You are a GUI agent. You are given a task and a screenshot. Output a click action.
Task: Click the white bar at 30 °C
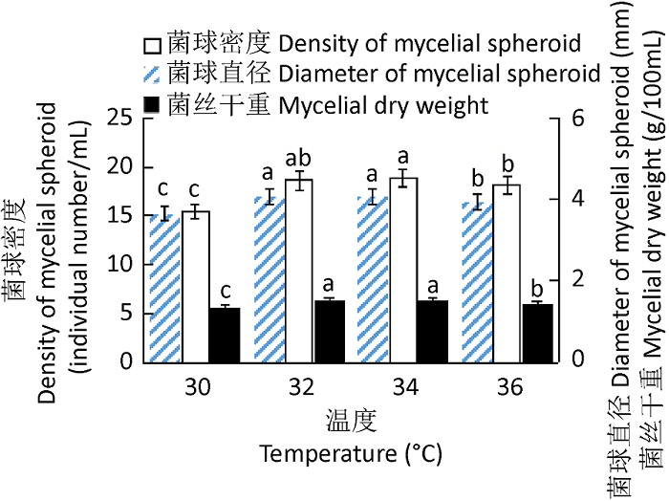[196, 287]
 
